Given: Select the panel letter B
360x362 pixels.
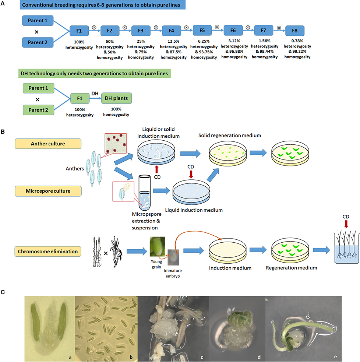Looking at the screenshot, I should pyautogui.click(x=3, y=130).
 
